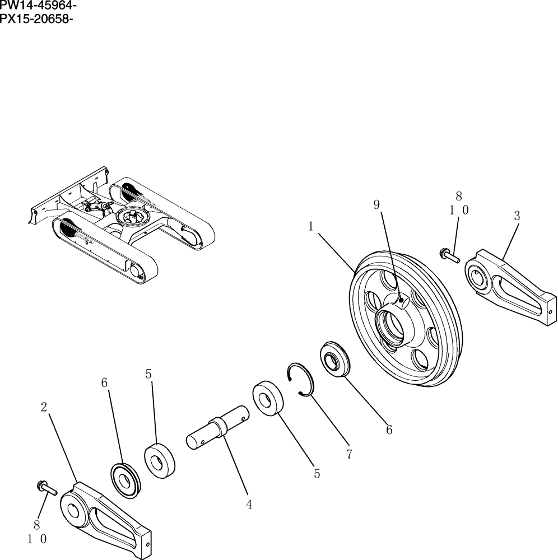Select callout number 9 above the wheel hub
(377, 205)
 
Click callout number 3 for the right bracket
(517, 215)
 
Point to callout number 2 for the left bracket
(44, 407)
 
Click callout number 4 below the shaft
(249, 505)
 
